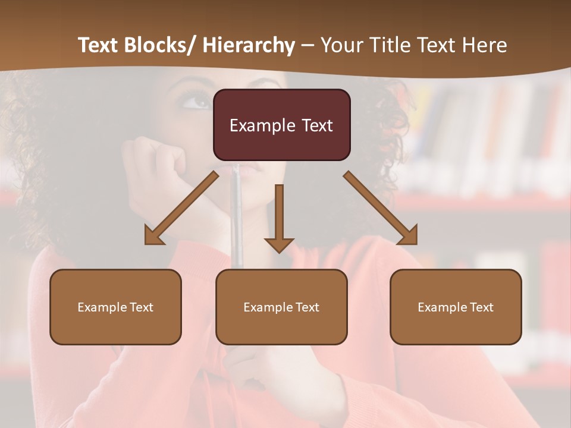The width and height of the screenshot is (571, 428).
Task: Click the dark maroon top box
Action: [x=281, y=125]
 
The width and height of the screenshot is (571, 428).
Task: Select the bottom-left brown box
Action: [x=115, y=307]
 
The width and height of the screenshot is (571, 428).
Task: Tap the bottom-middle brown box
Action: [x=281, y=307]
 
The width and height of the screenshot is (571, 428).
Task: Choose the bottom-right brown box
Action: [x=456, y=307]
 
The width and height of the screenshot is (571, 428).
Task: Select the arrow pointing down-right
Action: [x=380, y=207]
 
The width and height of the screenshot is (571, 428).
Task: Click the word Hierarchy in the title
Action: [x=248, y=45]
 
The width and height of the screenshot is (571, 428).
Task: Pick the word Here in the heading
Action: [x=485, y=45]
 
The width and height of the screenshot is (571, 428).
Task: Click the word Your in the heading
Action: [x=341, y=45]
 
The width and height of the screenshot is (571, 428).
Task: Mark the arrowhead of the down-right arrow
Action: [x=409, y=236]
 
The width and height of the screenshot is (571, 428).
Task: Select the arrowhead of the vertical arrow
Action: [x=279, y=244]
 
